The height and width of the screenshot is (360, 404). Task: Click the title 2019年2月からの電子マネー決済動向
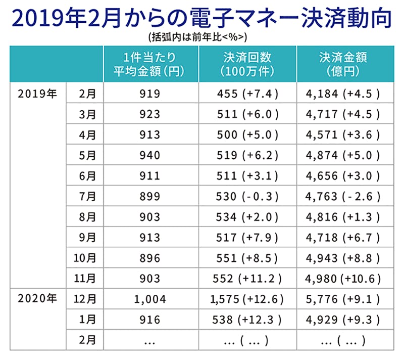click(201, 18)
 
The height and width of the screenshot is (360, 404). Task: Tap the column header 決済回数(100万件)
click(246, 64)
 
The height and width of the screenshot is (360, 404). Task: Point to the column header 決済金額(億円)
click(343, 64)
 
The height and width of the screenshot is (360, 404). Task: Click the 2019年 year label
click(37, 94)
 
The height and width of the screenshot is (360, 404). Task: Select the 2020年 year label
click(37, 298)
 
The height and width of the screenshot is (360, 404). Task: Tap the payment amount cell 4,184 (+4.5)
click(343, 94)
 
